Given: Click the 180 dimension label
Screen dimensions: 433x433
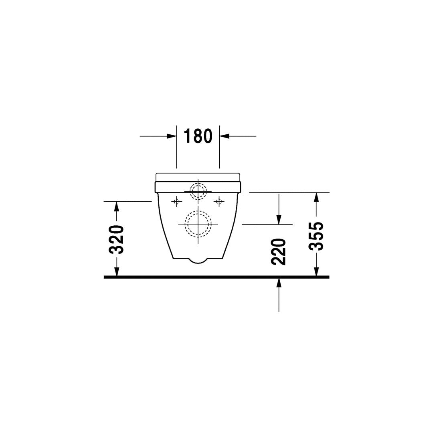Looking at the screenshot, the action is [x=198, y=136].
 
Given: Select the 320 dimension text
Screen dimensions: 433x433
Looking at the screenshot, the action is [x=116, y=239].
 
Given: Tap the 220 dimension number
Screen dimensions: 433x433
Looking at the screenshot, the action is [x=278, y=251].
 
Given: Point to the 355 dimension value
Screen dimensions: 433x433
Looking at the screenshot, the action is [x=316, y=236].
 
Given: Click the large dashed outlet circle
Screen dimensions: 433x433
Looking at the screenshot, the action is [x=198, y=211].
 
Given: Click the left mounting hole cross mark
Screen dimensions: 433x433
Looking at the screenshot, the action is [x=177, y=202].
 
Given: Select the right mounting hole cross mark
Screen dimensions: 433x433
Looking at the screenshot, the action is [x=219, y=202].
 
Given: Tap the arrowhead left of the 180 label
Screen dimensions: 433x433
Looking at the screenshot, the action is [x=172, y=136].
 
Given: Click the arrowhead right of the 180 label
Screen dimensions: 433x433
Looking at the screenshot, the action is [x=225, y=136].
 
